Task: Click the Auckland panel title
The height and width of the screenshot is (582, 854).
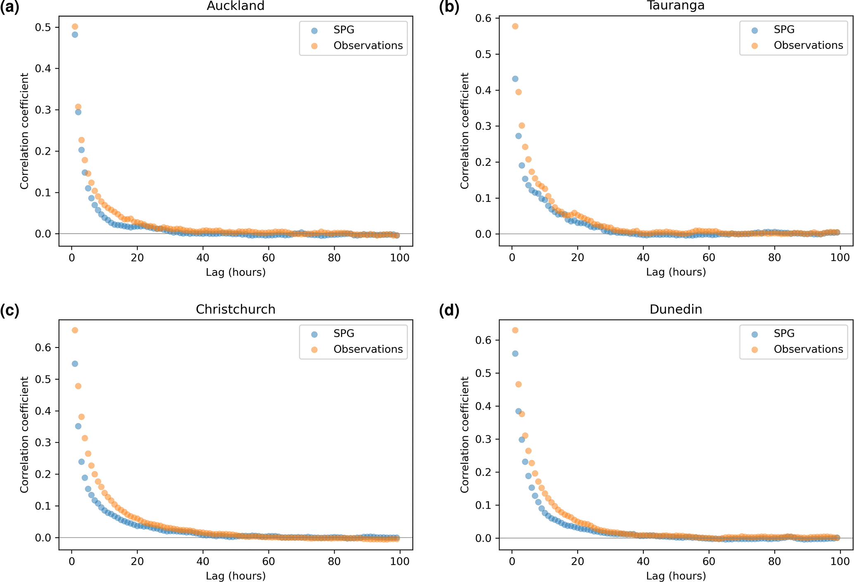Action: pos(236,6)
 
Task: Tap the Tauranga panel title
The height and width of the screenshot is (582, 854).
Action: pos(676,5)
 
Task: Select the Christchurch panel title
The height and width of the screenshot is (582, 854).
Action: pos(236,309)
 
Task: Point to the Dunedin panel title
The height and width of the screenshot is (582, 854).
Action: pos(676,309)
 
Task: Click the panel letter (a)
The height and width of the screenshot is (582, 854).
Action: pos(10,7)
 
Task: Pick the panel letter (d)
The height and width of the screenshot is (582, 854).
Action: pos(449,310)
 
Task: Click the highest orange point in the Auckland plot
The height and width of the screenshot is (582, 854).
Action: pos(75,27)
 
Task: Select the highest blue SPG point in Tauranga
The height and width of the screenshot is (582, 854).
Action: pos(515,79)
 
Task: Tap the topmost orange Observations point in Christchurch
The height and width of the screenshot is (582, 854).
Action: pos(75,331)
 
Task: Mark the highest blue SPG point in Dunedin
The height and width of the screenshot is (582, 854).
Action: pos(515,354)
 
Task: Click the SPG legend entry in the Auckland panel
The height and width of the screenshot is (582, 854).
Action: pos(344,30)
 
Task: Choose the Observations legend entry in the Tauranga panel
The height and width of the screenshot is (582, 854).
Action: pos(808,46)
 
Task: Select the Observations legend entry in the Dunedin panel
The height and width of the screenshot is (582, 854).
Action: pos(808,350)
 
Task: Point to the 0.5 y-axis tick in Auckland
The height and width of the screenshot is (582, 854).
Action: pos(43,27)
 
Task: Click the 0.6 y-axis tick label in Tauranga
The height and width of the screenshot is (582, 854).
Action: pos(483,18)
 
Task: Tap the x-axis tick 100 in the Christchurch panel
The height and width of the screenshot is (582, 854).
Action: pos(400,561)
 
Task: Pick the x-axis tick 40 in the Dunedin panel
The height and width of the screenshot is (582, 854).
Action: pos(643,561)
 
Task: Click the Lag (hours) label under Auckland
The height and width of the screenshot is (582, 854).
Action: pos(236,272)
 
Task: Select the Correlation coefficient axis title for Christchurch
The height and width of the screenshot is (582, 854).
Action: pos(24,434)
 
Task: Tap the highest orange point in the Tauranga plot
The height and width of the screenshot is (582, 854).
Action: pos(515,26)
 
